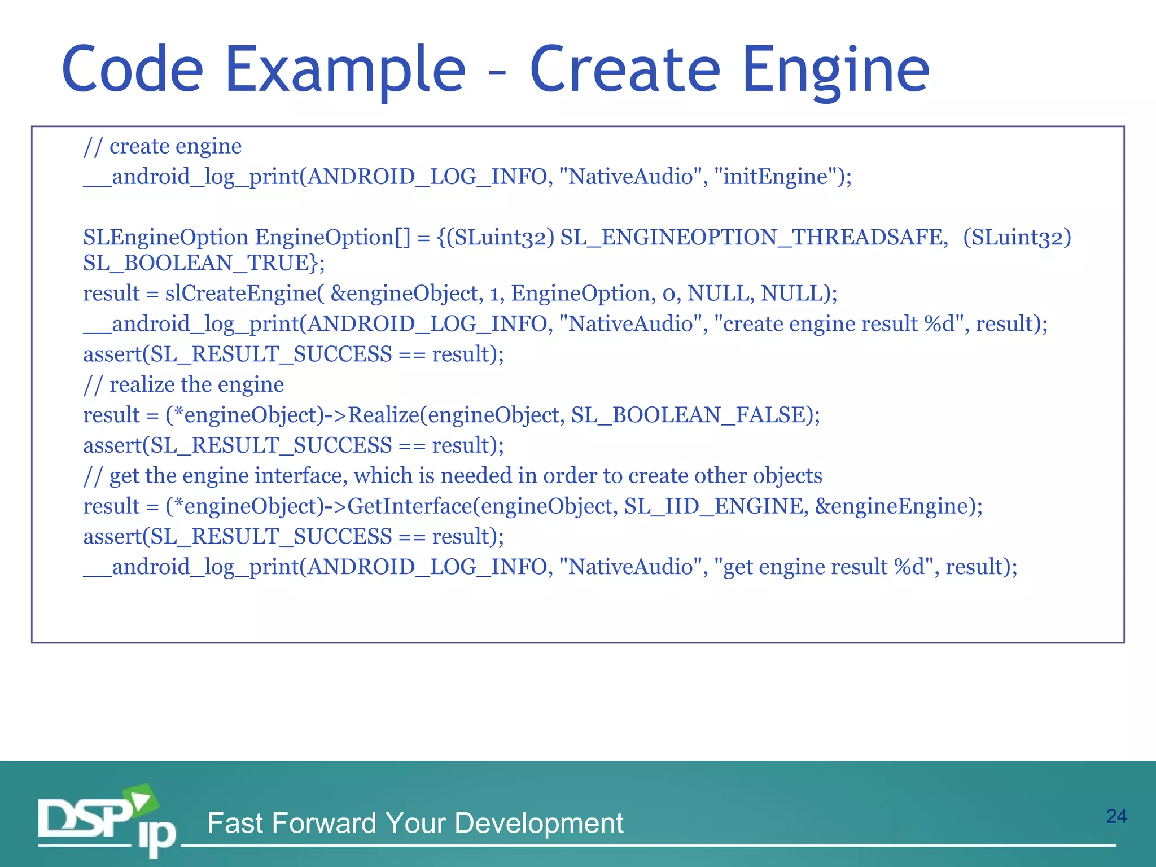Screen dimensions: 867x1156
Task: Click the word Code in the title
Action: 132,70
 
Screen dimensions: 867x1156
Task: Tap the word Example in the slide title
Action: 345,70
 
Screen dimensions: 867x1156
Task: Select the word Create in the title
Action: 625,70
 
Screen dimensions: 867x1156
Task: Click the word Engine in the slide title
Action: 836,70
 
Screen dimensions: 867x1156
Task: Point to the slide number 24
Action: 1116,816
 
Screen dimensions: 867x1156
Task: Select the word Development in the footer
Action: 538,823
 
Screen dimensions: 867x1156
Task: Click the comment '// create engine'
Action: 163,146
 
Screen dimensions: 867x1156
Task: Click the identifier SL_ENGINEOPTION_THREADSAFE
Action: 754,237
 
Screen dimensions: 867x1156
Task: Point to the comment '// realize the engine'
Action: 183,384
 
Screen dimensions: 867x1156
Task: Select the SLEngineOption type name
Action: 165,237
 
